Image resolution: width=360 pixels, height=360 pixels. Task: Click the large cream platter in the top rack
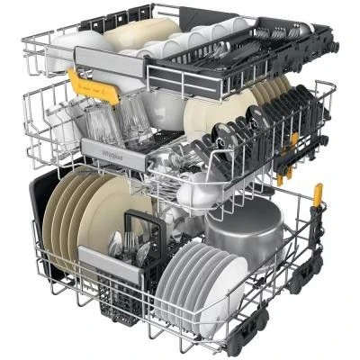click(x=139, y=36)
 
